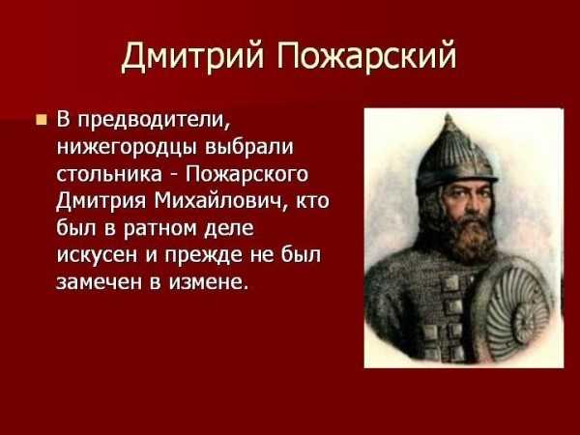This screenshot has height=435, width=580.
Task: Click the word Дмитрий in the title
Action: point(192,57)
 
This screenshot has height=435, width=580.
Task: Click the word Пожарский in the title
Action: point(367,57)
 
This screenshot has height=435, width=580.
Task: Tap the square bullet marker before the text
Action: point(42,120)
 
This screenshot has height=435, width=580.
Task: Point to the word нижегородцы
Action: point(127,148)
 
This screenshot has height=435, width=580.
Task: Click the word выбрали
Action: point(249,146)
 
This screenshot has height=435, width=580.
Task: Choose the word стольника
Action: point(109,174)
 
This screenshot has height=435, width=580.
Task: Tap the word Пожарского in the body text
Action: point(246,175)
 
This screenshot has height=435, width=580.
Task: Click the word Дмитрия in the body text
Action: point(101,202)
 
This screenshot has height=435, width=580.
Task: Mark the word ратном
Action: point(160,229)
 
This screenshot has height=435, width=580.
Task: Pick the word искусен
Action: point(97,255)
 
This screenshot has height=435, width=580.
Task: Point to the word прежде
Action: point(203,255)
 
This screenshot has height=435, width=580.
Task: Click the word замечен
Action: point(100,282)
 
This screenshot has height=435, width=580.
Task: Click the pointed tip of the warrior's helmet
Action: point(449,116)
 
